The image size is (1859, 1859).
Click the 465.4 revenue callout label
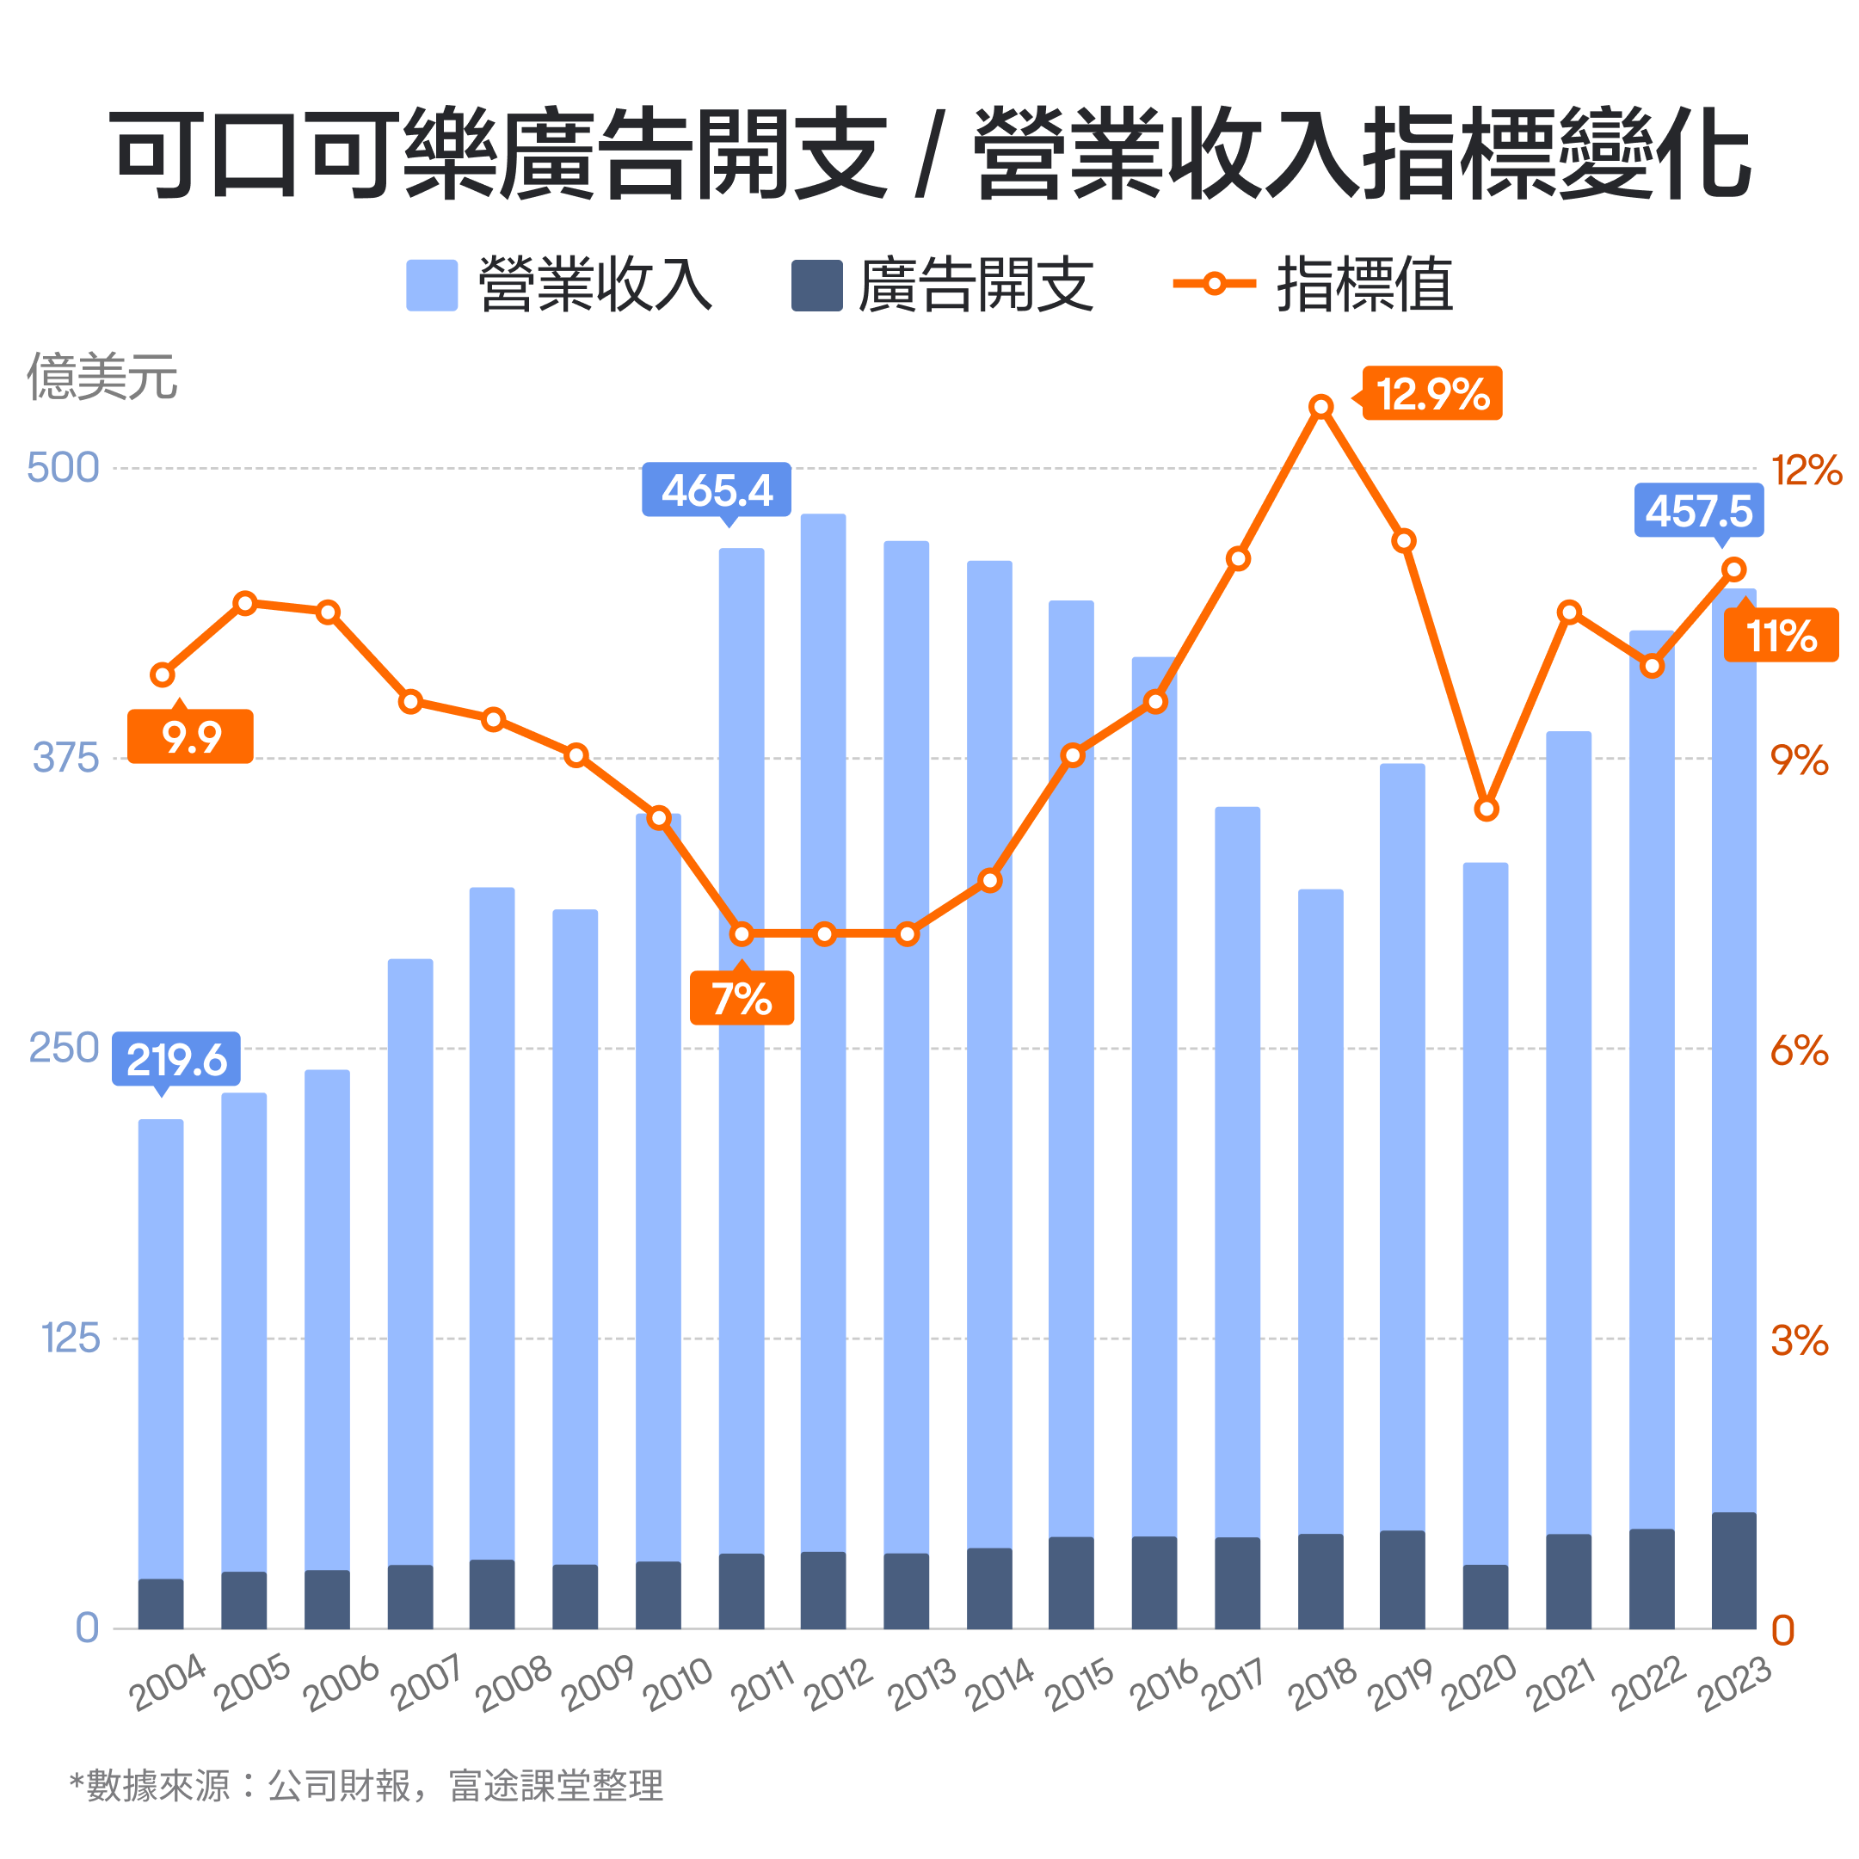click(x=716, y=489)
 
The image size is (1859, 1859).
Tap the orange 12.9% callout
click(x=1432, y=393)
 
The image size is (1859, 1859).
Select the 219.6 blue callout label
click(x=176, y=1060)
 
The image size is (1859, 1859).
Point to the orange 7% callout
click(x=742, y=998)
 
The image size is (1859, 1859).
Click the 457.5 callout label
click(x=1698, y=510)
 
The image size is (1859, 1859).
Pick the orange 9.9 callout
click(x=190, y=737)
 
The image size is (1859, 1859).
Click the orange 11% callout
click(x=1780, y=635)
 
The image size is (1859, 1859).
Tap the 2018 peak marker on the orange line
click(x=1322, y=407)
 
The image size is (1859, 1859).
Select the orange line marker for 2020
click(x=1487, y=809)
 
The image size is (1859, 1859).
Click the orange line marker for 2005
click(x=245, y=603)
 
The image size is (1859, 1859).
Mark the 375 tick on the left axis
click(x=65, y=758)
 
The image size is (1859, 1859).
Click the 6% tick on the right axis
click(x=1799, y=1050)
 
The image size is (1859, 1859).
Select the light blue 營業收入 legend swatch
click(x=432, y=285)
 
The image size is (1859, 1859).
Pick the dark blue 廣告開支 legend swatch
click(x=817, y=285)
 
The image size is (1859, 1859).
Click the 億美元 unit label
click(x=102, y=376)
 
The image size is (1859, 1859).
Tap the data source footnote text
click(x=366, y=1786)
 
